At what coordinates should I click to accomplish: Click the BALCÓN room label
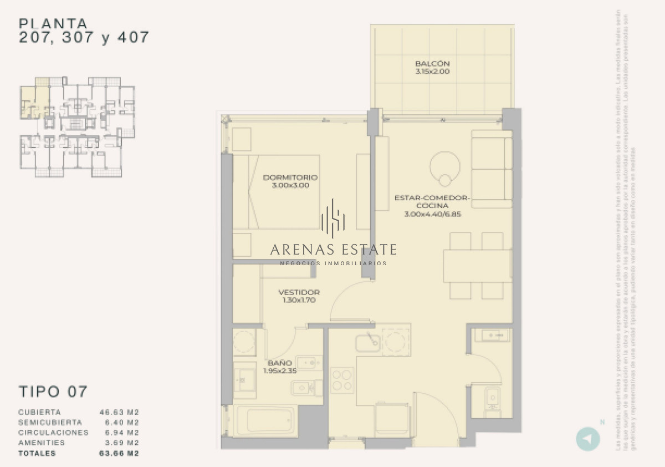click(x=432, y=64)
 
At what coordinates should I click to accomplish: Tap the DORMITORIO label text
click(x=290, y=177)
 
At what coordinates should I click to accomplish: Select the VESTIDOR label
click(x=299, y=292)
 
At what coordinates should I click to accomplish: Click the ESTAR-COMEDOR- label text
click(x=432, y=197)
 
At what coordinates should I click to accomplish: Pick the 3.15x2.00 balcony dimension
click(x=432, y=72)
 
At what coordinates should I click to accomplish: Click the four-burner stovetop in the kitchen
click(x=342, y=380)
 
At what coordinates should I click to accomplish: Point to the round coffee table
click(x=444, y=166)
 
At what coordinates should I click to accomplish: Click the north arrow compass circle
click(x=588, y=439)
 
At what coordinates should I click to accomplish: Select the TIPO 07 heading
click(x=53, y=391)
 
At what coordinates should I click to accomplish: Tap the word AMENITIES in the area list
click(x=42, y=443)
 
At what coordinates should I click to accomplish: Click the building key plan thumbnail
click(x=78, y=127)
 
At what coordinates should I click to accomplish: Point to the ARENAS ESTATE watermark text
click(x=333, y=249)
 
